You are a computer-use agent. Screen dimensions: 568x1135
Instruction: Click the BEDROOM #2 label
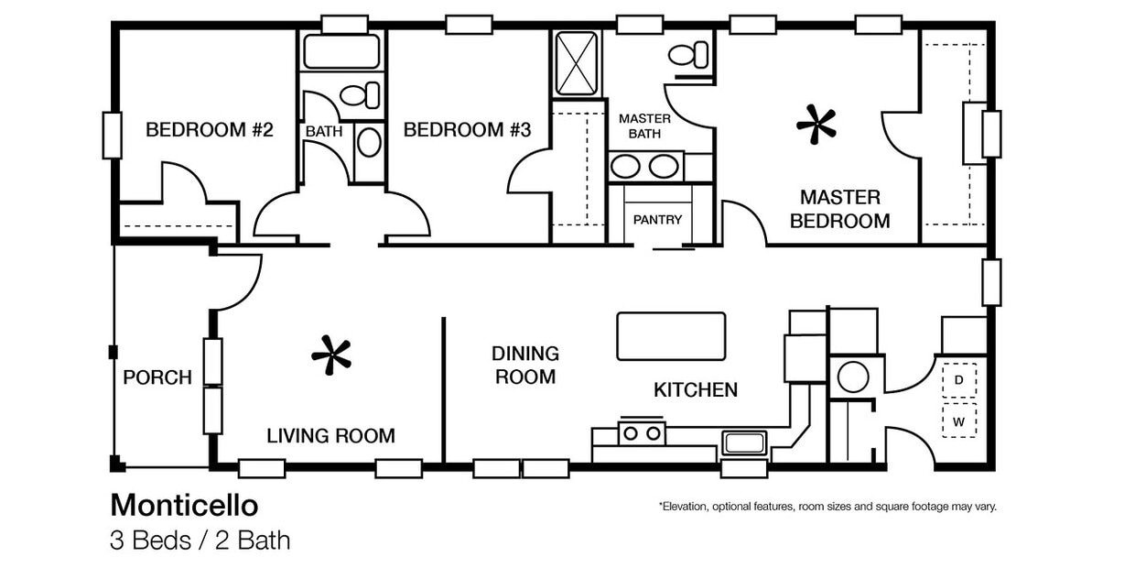pos(210,130)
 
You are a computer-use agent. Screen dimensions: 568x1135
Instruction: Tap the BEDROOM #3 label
pos(467,130)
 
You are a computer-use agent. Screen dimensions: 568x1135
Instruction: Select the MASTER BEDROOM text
pos(839,209)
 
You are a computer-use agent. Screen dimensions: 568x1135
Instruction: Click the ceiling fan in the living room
pos(331,355)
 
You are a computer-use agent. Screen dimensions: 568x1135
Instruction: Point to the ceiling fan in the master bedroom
pos(816,126)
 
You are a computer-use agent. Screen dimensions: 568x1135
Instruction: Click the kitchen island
pos(671,336)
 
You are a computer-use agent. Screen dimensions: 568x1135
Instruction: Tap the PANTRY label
pos(657,220)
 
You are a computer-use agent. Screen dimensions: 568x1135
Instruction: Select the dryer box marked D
pos(959,379)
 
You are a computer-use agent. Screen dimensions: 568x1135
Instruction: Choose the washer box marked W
pos(959,421)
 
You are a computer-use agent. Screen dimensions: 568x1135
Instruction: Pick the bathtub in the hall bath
pos(341,51)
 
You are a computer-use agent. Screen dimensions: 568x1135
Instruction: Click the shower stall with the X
pos(577,63)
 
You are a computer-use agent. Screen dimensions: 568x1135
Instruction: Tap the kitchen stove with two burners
pos(642,431)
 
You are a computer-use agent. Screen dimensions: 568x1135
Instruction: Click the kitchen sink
pos(743,443)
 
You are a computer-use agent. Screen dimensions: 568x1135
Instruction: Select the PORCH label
pos(157,377)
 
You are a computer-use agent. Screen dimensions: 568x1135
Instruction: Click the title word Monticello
pos(184,506)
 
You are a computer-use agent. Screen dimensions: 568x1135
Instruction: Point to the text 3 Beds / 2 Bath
pos(200,541)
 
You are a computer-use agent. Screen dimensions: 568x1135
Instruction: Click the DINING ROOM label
pos(525,365)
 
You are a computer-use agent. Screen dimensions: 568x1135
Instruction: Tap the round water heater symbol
pos(853,377)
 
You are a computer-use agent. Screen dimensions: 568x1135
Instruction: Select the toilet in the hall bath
pos(359,94)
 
